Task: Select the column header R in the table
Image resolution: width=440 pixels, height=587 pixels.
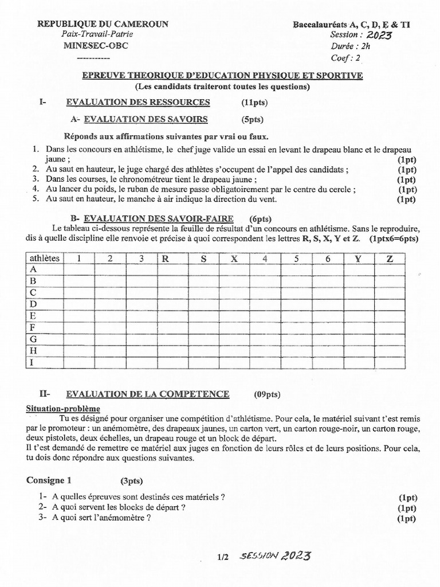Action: click(x=166, y=259)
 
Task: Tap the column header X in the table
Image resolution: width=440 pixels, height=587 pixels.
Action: click(x=234, y=259)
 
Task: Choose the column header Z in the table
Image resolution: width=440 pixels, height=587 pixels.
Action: click(x=390, y=259)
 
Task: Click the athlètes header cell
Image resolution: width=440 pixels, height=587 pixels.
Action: click(x=44, y=259)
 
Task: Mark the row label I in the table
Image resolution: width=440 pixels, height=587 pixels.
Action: click(x=33, y=362)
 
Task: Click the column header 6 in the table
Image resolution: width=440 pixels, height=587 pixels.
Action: click(x=328, y=259)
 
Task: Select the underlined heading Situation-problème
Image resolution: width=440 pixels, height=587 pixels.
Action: click(x=64, y=409)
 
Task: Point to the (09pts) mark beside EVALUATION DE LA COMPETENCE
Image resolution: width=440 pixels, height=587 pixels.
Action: click(x=267, y=394)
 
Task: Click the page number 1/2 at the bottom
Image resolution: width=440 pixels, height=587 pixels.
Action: click(x=223, y=557)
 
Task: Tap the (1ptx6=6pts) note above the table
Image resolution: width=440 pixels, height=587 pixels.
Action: click(x=394, y=238)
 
